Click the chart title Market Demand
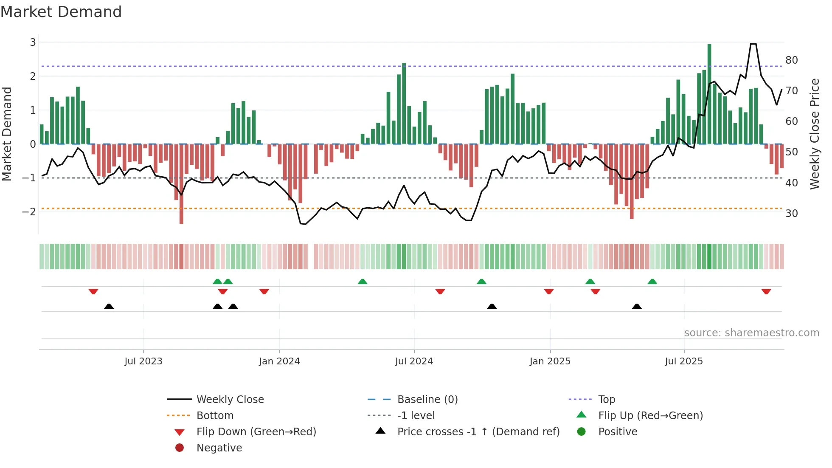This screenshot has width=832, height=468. [x=61, y=12]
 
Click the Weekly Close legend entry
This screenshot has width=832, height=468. [x=230, y=400]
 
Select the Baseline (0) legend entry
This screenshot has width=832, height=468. [x=427, y=400]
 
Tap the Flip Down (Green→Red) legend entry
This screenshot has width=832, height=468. [x=256, y=432]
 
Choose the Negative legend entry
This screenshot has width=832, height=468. [x=219, y=448]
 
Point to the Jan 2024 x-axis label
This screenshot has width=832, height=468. [x=279, y=361]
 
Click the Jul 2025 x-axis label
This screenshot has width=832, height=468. [x=684, y=361]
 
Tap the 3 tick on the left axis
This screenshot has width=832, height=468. [x=33, y=42]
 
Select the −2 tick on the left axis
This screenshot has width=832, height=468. [x=29, y=212]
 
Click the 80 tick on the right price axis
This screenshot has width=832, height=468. [x=791, y=60]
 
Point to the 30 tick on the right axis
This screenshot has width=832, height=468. [x=791, y=214]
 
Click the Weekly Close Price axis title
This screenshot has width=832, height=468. [x=814, y=134]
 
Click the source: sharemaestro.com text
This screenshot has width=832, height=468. [x=751, y=333]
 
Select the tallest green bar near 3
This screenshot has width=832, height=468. [x=709, y=93]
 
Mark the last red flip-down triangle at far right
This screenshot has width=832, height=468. [x=766, y=292]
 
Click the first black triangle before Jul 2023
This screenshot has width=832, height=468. [x=109, y=306]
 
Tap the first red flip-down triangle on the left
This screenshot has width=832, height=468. [x=93, y=292]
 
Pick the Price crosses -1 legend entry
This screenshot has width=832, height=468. [x=478, y=432]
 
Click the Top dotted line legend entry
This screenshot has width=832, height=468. [x=606, y=400]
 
